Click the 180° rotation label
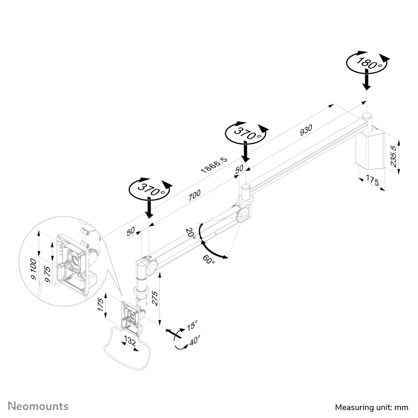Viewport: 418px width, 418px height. [x=366, y=63]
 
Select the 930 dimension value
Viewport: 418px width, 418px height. [x=306, y=130]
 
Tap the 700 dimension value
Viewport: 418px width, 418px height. [x=194, y=196]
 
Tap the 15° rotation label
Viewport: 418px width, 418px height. [x=192, y=325]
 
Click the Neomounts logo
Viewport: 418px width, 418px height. [x=39, y=406]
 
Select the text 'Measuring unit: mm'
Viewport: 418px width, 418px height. [x=371, y=407]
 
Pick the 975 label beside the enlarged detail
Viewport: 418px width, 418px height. [x=48, y=275]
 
